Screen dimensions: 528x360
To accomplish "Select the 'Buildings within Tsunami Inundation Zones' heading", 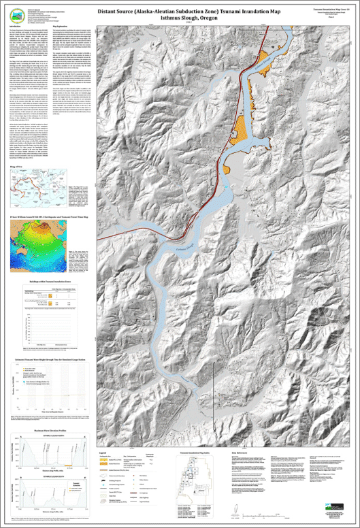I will pos(52,279).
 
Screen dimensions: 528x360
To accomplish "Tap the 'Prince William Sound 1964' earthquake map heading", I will pos(52,214).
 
